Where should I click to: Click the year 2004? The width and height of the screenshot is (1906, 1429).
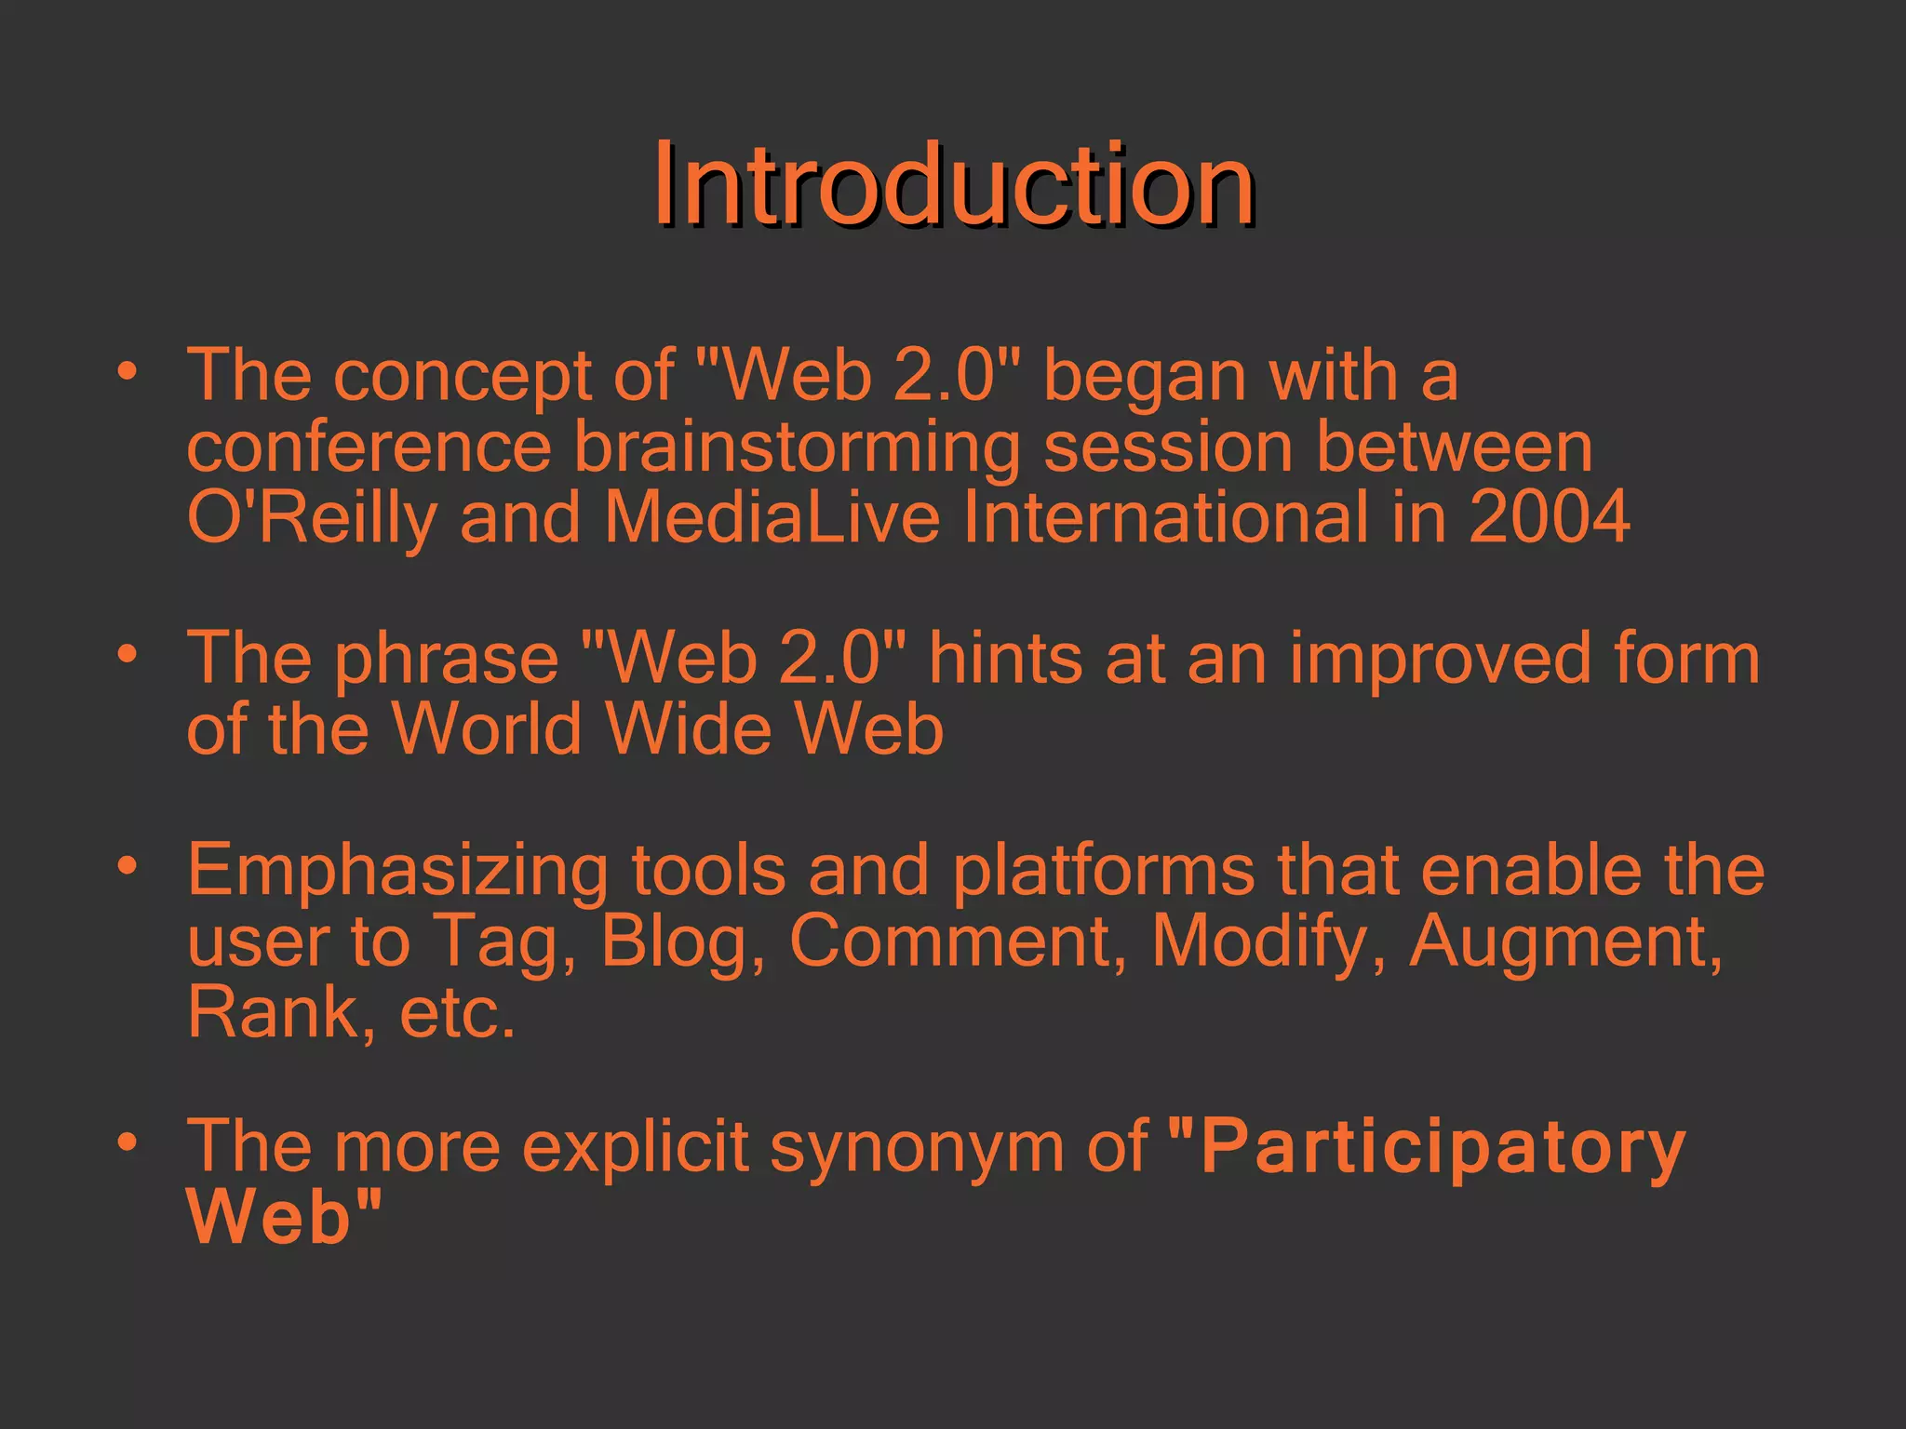pos(1549,517)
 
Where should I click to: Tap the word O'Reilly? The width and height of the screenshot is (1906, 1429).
pos(312,517)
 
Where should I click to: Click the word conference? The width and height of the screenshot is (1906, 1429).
pos(369,448)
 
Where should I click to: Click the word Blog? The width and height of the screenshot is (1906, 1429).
pos(675,941)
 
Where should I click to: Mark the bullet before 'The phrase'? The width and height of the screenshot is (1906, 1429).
pos(128,653)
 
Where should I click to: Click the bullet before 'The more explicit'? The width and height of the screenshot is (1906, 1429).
pos(128,1141)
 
